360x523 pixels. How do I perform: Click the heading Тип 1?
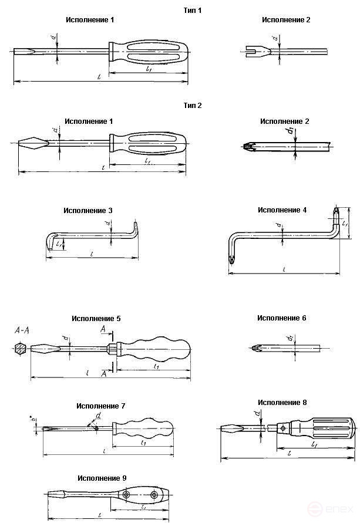pyautogui.click(x=193, y=10)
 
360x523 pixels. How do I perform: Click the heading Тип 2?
pyautogui.click(x=193, y=106)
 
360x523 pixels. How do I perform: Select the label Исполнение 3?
pyautogui.click(x=89, y=210)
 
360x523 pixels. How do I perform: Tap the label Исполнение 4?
pyautogui.click(x=282, y=210)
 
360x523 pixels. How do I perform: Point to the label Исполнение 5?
pyautogui.click(x=96, y=319)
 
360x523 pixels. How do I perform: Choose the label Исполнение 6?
pyautogui.click(x=281, y=318)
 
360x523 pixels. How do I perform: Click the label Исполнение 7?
pyautogui.click(x=100, y=406)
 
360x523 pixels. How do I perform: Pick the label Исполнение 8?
pyautogui.click(x=282, y=403)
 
